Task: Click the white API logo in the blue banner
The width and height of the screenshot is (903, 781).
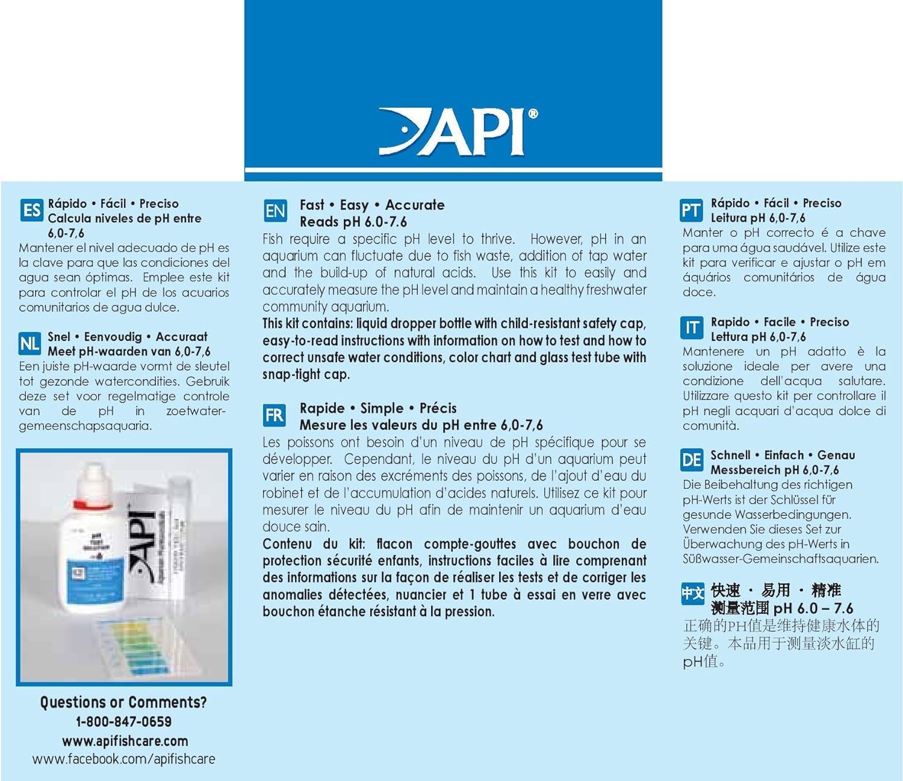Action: tap(458, 131)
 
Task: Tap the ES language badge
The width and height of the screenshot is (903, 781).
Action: tap(31, 210)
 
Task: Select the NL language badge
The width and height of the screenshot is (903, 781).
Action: tap(30, 344)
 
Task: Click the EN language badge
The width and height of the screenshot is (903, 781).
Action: tap(275, 211)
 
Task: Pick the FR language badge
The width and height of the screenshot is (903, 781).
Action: tap(274, 415)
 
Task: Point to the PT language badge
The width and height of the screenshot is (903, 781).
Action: tap(691, 210)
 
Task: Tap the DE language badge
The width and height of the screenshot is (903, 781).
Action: tap(691, 461)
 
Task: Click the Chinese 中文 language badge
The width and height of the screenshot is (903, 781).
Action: tap(692, 594)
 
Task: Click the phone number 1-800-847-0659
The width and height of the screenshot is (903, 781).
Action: tap(123, 721)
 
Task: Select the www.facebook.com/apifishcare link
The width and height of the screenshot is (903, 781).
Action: tap(123, 759)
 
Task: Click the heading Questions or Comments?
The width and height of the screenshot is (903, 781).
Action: tap(123, 702)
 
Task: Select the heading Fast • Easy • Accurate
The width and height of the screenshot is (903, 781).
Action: tap(372, 205)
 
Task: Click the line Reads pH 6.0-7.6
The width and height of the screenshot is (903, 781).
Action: tap(353, 222)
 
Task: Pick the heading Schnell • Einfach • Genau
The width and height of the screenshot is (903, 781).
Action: tap(783, 455)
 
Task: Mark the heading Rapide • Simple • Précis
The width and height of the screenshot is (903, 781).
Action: tap(378, 408)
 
